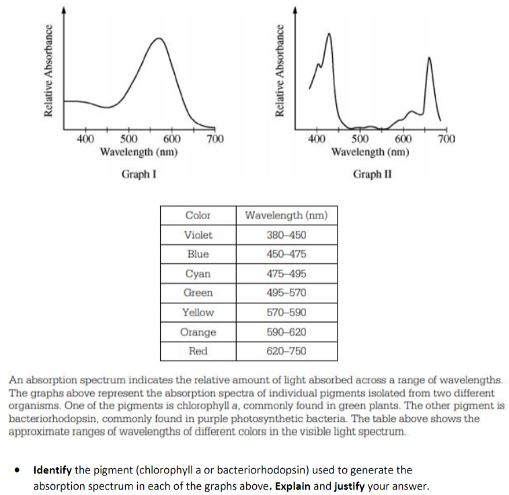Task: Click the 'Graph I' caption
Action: click(140, 175)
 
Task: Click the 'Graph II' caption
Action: click(372, 175)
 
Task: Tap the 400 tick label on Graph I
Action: click(85, 140)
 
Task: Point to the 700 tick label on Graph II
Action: click(446, 140)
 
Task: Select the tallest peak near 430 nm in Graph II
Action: click(329, 34)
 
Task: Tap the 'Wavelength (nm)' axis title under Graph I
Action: click(139, 152)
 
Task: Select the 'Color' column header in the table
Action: click(198, 215)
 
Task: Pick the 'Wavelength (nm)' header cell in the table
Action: click(286, 215)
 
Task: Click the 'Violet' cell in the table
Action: click(198, 235)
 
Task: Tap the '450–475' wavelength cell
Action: click(286, 254)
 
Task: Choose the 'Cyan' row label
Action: click(198, 274)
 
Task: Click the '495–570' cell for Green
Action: click(286, 293)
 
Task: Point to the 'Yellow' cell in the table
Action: click(198, 313)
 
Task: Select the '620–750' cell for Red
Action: click(286, 351)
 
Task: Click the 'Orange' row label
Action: click(198, 332)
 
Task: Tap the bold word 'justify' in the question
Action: click(345, 486)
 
